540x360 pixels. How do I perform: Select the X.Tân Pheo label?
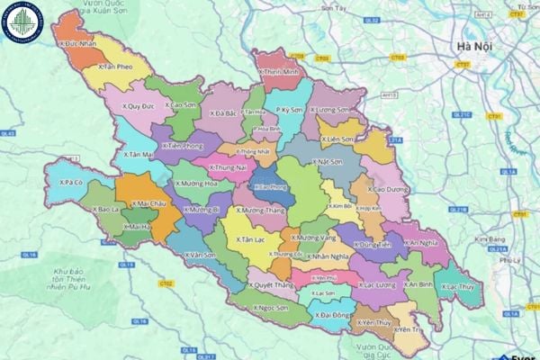click(x=117, y=67)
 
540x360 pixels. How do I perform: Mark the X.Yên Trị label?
click(x=409, y=330)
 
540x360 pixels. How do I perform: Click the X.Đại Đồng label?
click(x=332, y=316)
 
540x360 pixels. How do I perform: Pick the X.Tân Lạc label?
click(x=249, y=240)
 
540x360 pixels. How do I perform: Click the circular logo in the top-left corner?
click(x=23, y=22)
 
